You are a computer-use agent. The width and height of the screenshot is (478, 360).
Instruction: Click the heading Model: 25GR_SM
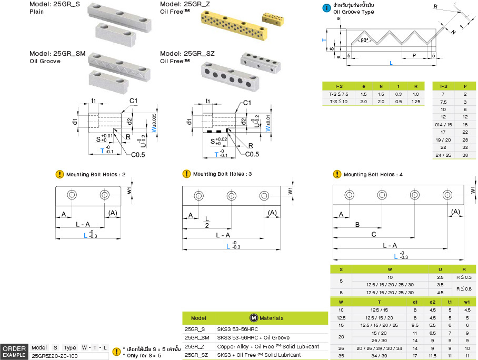pyautogui.click(x=57, y=54)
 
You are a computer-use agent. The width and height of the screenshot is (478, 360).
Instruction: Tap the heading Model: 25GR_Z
pyautogui.click(x=185, y=4)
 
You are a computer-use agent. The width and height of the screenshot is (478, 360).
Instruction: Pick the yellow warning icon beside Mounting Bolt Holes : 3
pyautogui.click(x=186, y=174)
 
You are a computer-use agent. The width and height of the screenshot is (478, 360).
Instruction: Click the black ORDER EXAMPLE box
pyautogui.click(x=14, y=352)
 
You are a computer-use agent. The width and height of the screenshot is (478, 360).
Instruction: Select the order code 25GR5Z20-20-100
pyautogui.click(x=55, y=356)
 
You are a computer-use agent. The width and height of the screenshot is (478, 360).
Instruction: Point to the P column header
pyautogui.click(x=465, y=86)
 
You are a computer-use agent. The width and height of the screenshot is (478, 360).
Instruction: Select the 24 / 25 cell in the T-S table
pyautogui.click(x=443, y=155)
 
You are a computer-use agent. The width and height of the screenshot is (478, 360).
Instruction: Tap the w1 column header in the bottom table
pyautogui.click(x=467, y=302)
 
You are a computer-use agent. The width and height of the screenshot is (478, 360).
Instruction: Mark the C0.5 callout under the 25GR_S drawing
pyautogui.click(x=138, y=154)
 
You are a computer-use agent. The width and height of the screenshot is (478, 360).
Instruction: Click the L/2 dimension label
pyautogui.click(x=207, y=221)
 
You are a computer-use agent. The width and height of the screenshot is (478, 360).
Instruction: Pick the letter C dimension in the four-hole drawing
pyautogui.click(x=374, y=235)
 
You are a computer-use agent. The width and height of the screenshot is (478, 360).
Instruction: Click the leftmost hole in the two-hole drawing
pyautogui.click(x=71, y=195)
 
